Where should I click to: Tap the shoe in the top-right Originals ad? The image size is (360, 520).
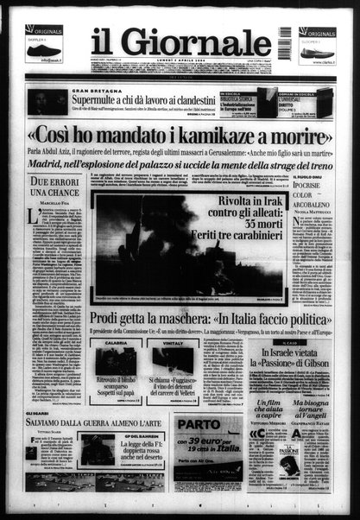[x=316, y=52]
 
